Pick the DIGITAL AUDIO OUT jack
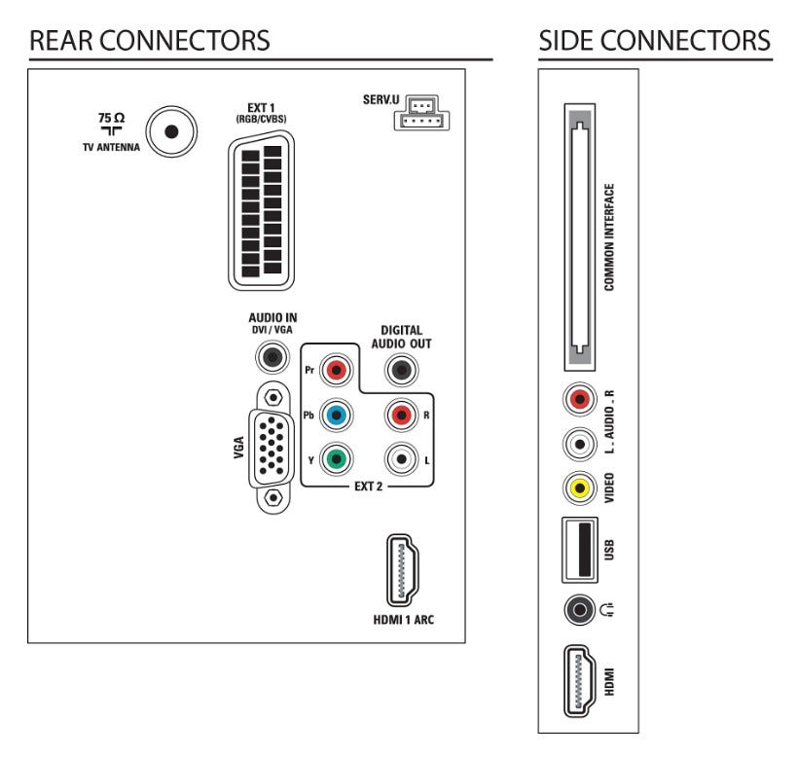(399, 369)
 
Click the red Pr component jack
(337, 370)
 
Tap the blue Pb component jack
(337, 415)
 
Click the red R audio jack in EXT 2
(399, 415)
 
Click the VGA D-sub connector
(273, 448)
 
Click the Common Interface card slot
(582, 238)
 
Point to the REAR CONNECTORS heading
(150, 42)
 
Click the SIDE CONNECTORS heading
(655, 42)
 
